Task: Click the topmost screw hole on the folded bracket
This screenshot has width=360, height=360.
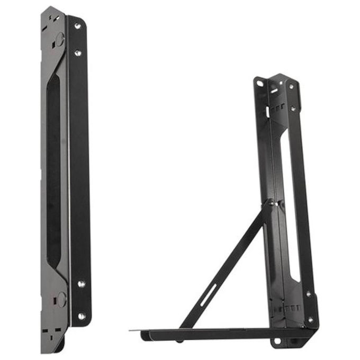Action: click(78, 25)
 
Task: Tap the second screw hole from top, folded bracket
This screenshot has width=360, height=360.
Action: click(78, 52)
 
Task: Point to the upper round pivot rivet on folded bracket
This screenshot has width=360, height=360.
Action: click(60, 38)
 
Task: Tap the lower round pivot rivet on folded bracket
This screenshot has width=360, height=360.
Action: click(61, 298)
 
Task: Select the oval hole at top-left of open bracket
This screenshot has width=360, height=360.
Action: click(260, 83)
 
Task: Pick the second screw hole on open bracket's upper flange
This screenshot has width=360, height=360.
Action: click(293, 109)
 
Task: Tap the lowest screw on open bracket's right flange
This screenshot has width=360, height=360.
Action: click(311, 319)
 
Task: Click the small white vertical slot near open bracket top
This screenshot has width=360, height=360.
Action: click(267, 112)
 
